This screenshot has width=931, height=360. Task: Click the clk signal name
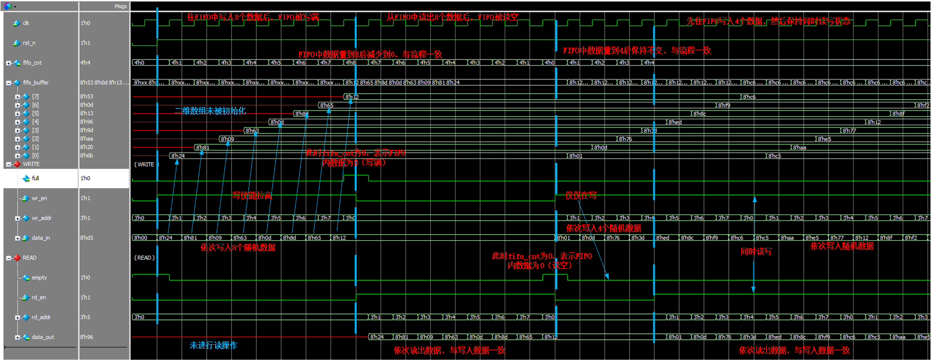coord(26,23)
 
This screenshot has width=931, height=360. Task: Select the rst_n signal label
coord(29,43)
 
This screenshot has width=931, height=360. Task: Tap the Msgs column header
coord(120,6)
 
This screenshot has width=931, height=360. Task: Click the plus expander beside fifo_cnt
coord(8,63)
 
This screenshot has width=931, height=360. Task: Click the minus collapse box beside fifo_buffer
coord(8,83)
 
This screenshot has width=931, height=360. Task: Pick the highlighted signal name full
coord(35,178)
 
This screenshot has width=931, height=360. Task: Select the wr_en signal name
coord(39,198)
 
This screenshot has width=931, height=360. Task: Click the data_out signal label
coord(43,337)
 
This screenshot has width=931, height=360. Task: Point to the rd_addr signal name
coord(41,317)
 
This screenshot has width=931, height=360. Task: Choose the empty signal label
coord(39,278)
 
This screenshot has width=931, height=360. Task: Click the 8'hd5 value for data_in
coord(86,238)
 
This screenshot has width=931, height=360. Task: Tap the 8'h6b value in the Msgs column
coord(86,155)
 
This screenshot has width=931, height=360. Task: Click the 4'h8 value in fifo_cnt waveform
coord(351,63)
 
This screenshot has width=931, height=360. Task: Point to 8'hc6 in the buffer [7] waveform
coord(749,97)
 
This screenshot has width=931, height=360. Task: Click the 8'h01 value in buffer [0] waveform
coord(576,156)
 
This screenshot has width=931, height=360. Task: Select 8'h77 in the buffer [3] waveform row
coord(850,131)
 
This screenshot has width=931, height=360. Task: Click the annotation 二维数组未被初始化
coord(210,111)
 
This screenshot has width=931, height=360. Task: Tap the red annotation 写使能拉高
coord(252,196)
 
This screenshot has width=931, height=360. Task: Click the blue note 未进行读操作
coord(213,345)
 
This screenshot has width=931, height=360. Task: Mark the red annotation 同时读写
coord(756,252)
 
